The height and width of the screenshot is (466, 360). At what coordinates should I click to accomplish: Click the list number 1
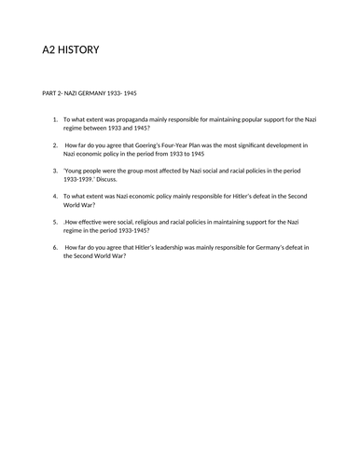[55, 119]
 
